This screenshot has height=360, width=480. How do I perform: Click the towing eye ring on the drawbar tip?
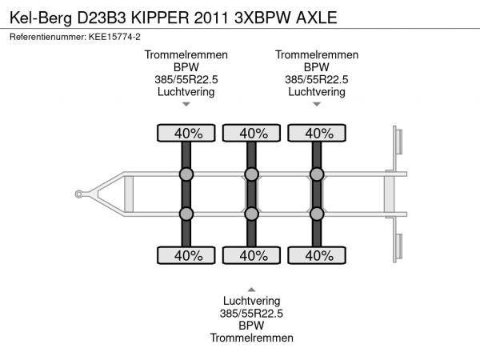[x=78, y=194]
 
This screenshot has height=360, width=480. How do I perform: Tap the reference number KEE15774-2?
[x=114, y=37]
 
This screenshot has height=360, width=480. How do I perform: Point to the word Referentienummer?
[x=48, y=37]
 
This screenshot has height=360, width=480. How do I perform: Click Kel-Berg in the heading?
[x=41, y=18]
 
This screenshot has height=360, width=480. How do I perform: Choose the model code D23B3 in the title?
[x=102, y=18]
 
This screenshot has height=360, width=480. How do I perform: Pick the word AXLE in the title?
[x=317, y=18]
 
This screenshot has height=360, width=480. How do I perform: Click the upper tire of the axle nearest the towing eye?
[x=186, y=133]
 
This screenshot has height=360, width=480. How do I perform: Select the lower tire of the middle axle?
[x=251, y=255]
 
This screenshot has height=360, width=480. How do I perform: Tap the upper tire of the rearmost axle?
[x=317, y=133]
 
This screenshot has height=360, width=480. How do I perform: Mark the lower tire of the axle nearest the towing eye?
[x=186, y=255]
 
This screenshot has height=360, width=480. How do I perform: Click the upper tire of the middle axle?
[x=251, y=133]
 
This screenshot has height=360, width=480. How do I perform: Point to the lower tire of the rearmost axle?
[x=317, y=255]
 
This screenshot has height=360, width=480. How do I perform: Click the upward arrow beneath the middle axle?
[x=251, y=290]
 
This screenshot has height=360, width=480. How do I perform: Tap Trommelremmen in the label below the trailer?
[x=252, y=338]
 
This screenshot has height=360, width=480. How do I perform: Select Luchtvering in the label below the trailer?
[x=252, y=301]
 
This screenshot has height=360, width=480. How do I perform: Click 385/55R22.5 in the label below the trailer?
[x=252, y=314]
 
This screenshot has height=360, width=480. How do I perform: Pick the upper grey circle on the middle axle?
[x=252, y=174]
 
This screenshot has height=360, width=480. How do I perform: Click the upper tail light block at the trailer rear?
[x=399, y=142]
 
